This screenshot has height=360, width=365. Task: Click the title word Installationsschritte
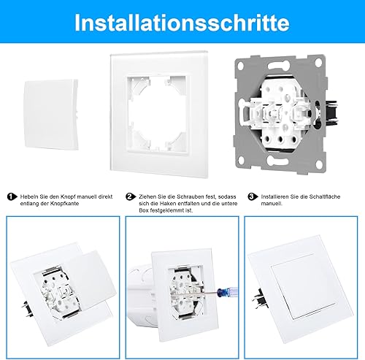[x=182, y=23]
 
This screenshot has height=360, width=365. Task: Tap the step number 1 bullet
[x=12, y=196]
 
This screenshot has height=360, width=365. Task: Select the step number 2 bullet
[x=131, y=196]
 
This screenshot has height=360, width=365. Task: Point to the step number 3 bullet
[x=253, y=196]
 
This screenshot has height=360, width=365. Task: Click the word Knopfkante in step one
[x=64, y=204]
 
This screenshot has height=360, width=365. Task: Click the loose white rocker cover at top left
[x=51, y=115]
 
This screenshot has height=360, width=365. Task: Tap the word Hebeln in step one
[x=27, y=196]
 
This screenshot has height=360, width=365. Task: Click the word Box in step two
[x=144, y=210]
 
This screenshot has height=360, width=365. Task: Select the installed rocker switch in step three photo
[x=304, y=286]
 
